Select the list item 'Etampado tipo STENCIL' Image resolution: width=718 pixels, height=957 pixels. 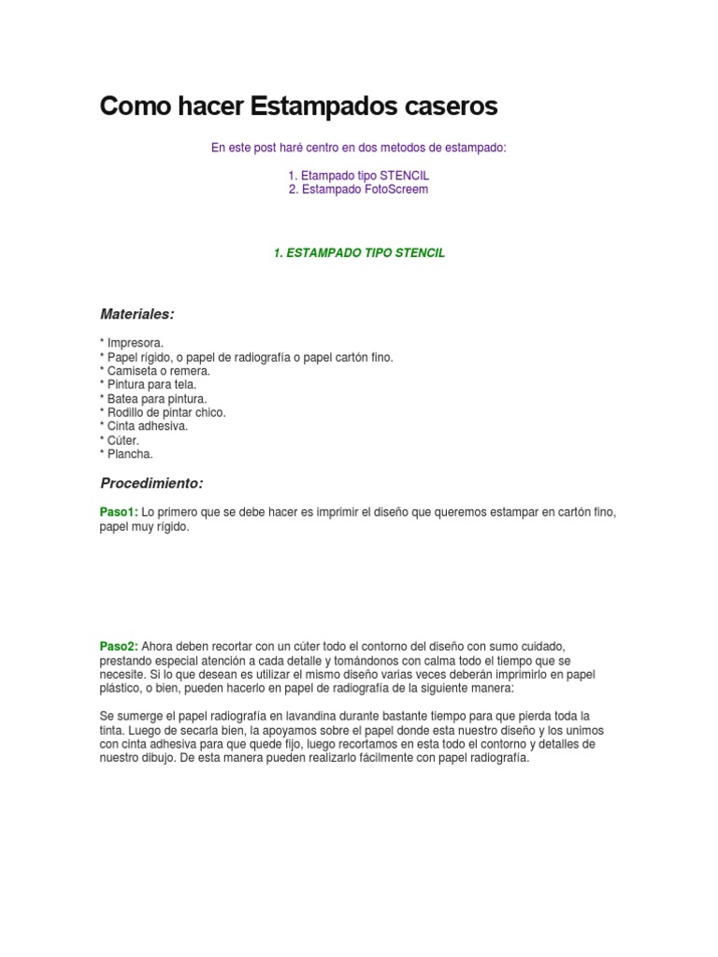(x=359, y=175)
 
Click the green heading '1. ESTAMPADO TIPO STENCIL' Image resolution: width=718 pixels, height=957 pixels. (x=359, y=253)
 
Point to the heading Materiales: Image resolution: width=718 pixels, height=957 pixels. (x=137, y=314)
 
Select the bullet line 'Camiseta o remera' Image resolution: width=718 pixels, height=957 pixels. (x=155, y=370)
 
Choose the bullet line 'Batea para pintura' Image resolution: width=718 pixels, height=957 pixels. (x=153, y=398)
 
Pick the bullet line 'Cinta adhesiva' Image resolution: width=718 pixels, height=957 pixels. (x=144, y=426)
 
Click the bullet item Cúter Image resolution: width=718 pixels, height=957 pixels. (x=122, y=440)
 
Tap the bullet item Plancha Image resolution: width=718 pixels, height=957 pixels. (x=126, y=454)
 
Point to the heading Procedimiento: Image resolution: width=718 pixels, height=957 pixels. (x=151, y=484)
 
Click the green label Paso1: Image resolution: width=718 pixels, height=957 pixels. (x=119, y=513)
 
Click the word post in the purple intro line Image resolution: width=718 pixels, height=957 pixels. (x=266, y=148)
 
